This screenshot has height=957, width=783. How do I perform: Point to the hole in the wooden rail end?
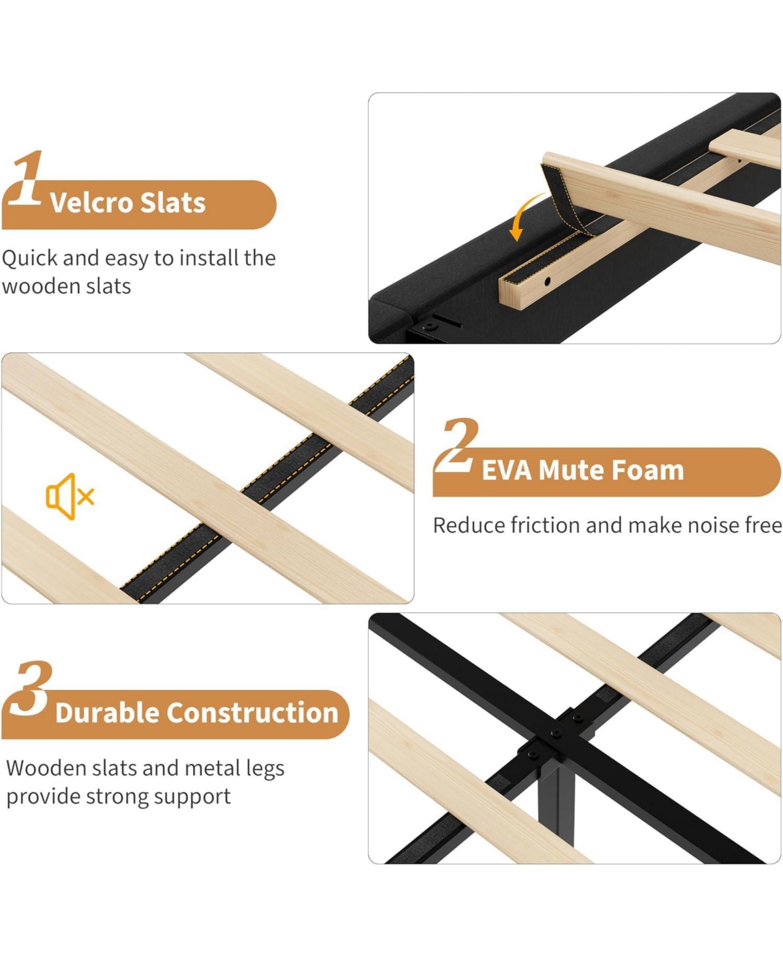(x=547, y=282)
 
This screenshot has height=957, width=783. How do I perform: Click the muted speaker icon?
(x=70, y=496)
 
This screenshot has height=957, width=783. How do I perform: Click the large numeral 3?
(x=30, y=689)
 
